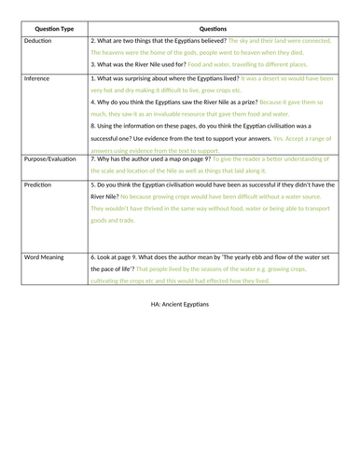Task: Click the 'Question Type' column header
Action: tap(53, 28)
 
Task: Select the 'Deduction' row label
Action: tap(38, 42)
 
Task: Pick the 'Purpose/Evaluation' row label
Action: tap(52, 159)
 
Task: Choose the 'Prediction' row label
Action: tap(39, 185)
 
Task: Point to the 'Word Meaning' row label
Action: tap(46, 254)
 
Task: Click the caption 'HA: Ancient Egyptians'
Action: tap(180, 303)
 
